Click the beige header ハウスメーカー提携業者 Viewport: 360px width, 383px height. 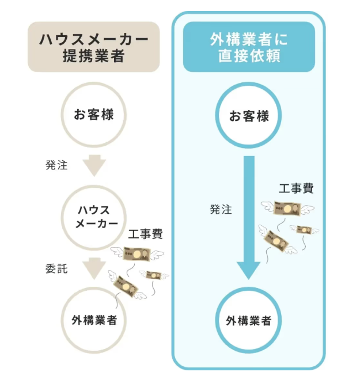[x=94, y=47]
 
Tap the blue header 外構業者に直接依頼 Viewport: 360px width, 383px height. [x=249, y=47]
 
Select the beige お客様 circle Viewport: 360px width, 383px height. [x=94, y=115]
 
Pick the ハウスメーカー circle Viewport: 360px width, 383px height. [x=94, y=215]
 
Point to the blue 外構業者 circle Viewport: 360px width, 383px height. [x=249, y=320]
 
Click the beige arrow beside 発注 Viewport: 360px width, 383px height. [x=94, y=166]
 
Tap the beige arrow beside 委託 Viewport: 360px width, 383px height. [x=94, y=268]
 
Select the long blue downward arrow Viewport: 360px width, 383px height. [x=249, y=219]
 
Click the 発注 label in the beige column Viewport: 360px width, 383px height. [x=56, y=165]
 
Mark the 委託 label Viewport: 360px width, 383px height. [x=56, y=268]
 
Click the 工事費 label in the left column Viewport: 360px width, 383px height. [x=145, y=234]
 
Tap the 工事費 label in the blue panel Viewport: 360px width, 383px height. [x=296, y=188]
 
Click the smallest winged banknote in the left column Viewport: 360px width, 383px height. [x=154, y=275]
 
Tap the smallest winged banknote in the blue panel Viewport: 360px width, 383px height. [x=304, y=229]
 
